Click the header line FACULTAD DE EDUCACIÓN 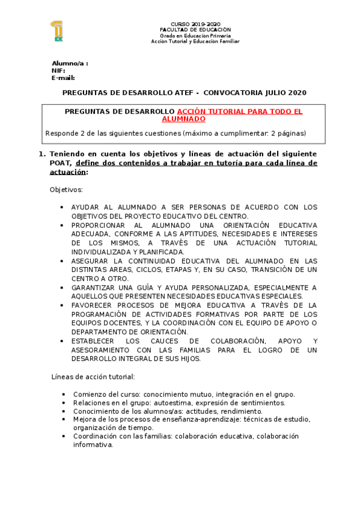point(195,29)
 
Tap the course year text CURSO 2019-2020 point(195,23)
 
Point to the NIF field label point(58,70)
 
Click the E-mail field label point(63,78)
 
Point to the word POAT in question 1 point(60,163)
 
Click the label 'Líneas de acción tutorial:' point(93,376)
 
